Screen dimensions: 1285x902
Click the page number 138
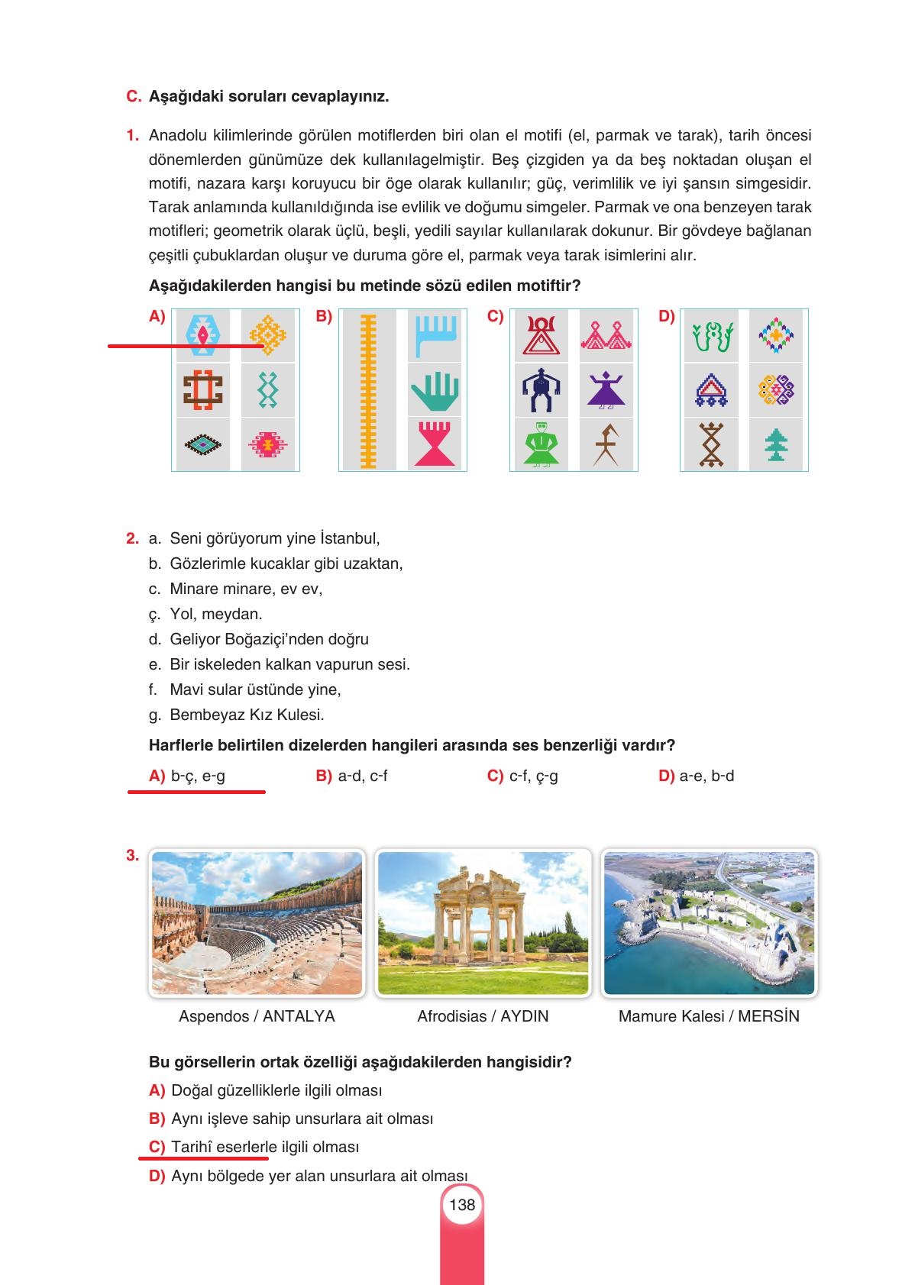point(462,1205)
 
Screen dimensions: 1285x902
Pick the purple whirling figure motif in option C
point(606,389)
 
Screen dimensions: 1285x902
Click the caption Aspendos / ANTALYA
point(257,1016)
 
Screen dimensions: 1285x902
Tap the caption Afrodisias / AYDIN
point(483,1016)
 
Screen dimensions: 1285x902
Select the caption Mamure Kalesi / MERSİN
point(709,1016)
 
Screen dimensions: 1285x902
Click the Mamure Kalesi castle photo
point(709,922)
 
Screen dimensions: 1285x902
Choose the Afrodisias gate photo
point(483,922)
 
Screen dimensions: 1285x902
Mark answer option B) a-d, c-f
point(352,776)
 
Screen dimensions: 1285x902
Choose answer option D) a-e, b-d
point(696,776)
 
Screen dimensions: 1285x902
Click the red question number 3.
point(132,855)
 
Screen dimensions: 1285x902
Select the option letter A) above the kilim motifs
point(157,316)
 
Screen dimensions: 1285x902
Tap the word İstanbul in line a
point(349,538)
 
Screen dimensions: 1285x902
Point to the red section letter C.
point(133,97)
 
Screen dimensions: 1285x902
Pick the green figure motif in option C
point(542,444)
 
